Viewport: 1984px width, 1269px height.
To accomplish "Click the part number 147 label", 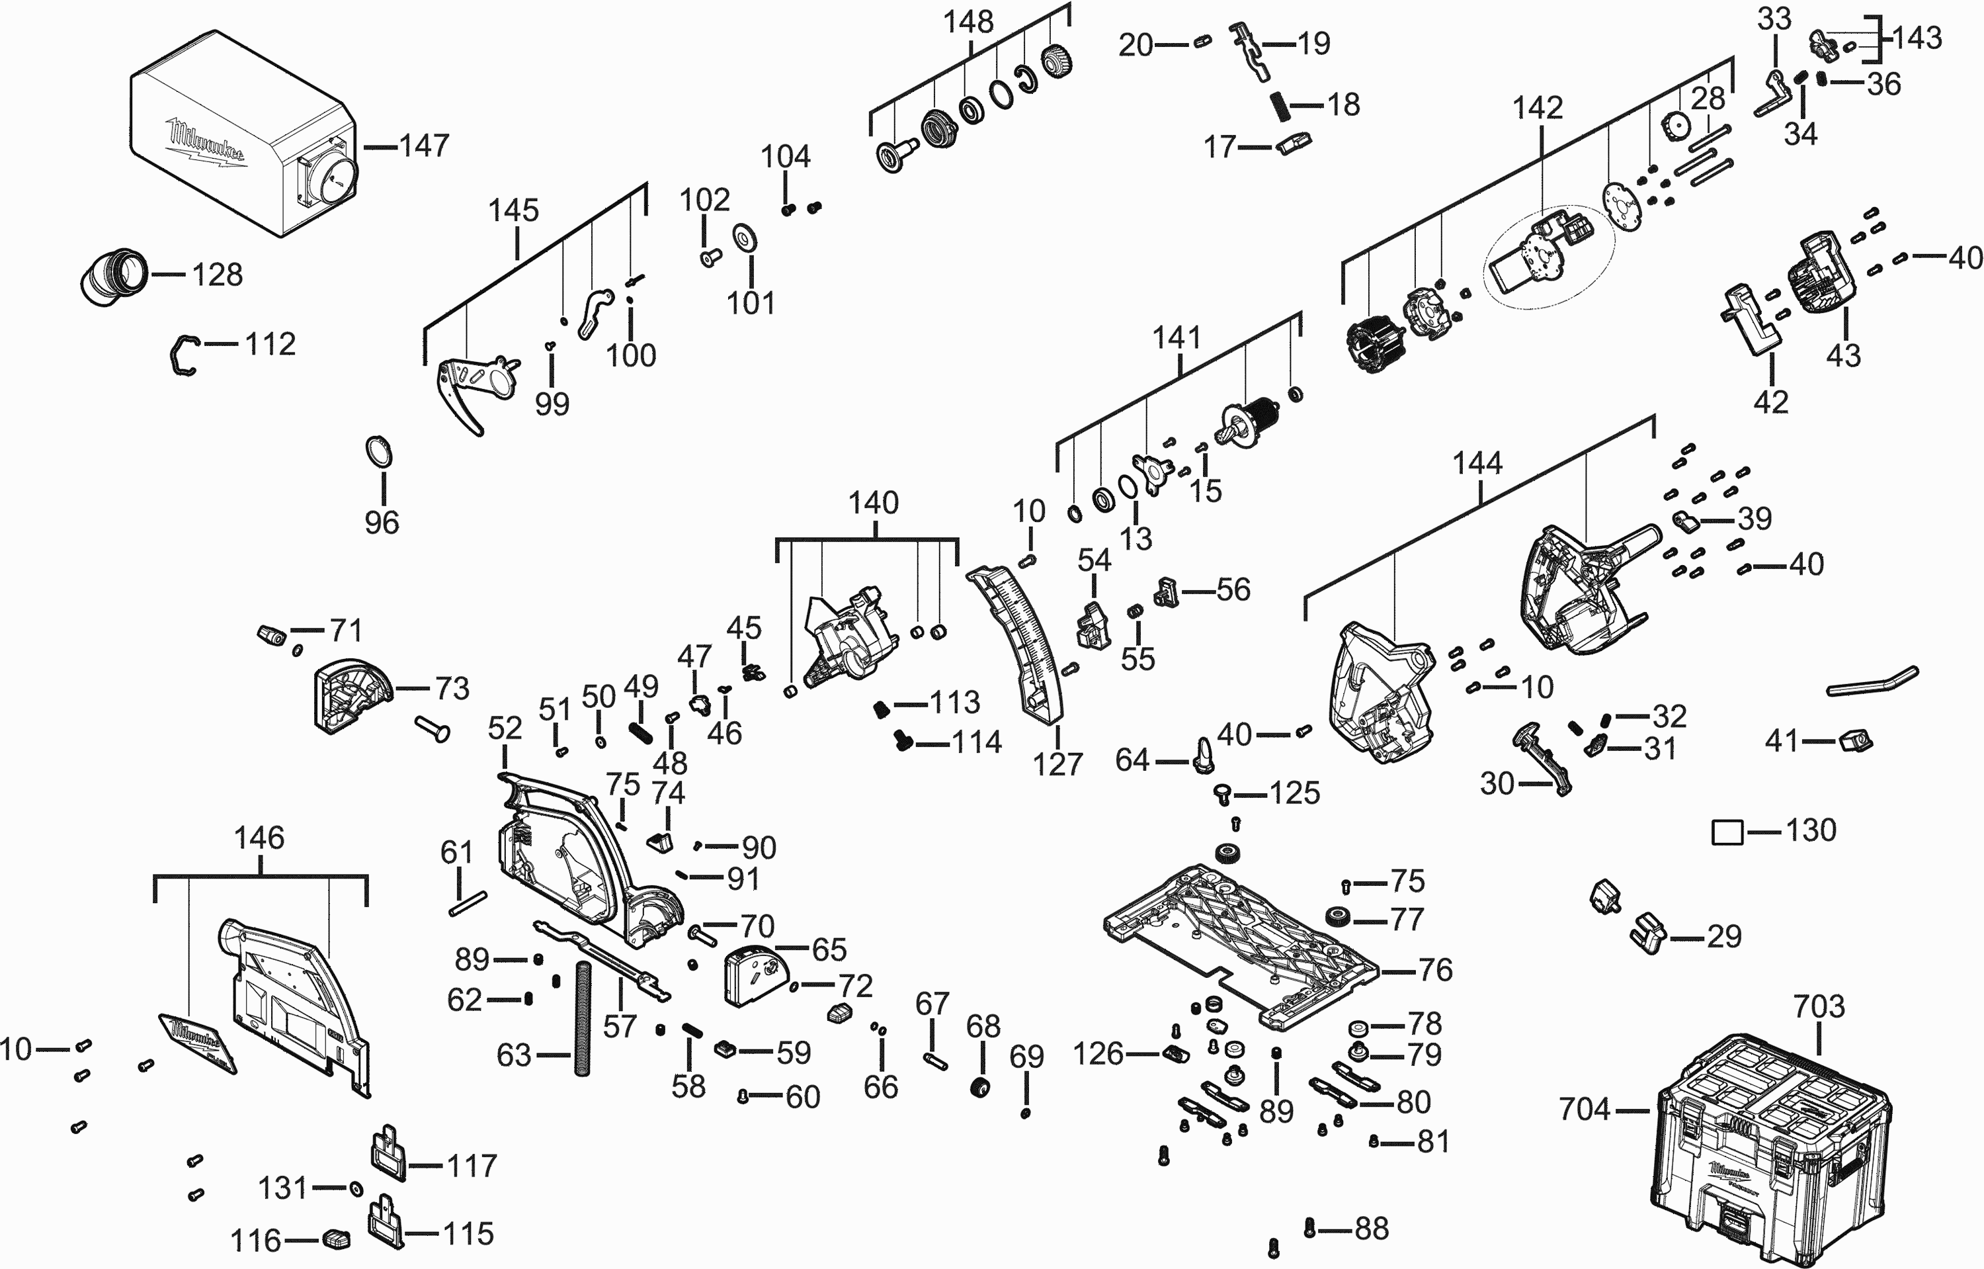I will pos(425,146).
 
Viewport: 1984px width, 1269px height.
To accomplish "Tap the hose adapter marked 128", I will pos(114,275).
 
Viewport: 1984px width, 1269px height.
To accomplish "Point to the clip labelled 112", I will pos(184,355).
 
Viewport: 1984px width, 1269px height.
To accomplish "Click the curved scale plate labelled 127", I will pos(1018,642).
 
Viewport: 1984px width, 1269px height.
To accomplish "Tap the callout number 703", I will pos(1819,1006).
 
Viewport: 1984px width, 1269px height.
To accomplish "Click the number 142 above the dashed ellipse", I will pos(1538,108).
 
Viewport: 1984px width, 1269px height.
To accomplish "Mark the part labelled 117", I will pos(386,1154).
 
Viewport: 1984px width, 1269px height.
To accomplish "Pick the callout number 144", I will pos(1477,463).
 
